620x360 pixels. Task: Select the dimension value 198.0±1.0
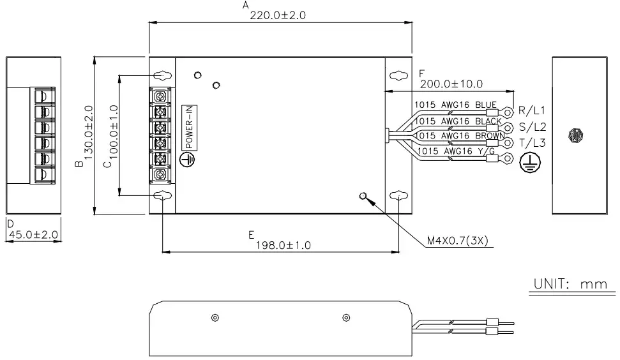tap(284, 245)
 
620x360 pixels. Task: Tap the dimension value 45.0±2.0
tap(33, 235)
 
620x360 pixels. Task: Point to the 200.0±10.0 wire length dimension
tap(451, 84)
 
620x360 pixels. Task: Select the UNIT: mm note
tap(570, 284)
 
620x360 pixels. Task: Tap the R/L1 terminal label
tap(532, 110)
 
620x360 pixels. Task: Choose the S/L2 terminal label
tap(532, 126)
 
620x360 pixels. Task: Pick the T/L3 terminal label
tap(532, 142)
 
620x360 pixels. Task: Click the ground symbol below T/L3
tap(527, 163)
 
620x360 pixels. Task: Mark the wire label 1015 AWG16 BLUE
tap(455, 105)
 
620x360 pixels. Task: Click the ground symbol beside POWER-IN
tap(188, 161)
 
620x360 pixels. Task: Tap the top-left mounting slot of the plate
tap(163, 75)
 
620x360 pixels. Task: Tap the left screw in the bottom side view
tap(215, 318)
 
